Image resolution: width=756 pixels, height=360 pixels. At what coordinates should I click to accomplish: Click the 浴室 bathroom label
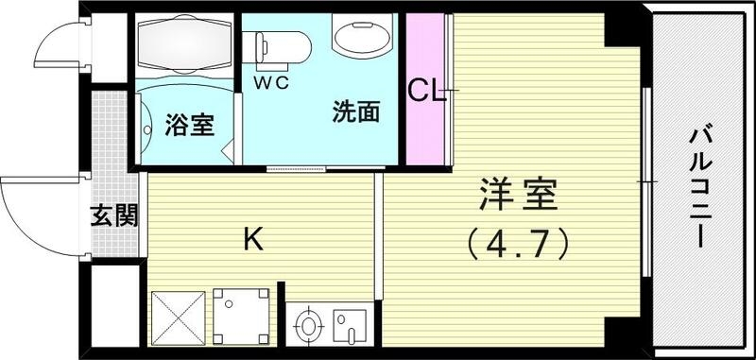point(190,125)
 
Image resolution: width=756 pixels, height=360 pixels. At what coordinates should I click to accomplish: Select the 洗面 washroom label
point(355,112)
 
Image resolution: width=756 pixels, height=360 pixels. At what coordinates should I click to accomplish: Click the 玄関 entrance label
point(115,216)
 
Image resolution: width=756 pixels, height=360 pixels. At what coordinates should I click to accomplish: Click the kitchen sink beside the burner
point(351,327)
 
